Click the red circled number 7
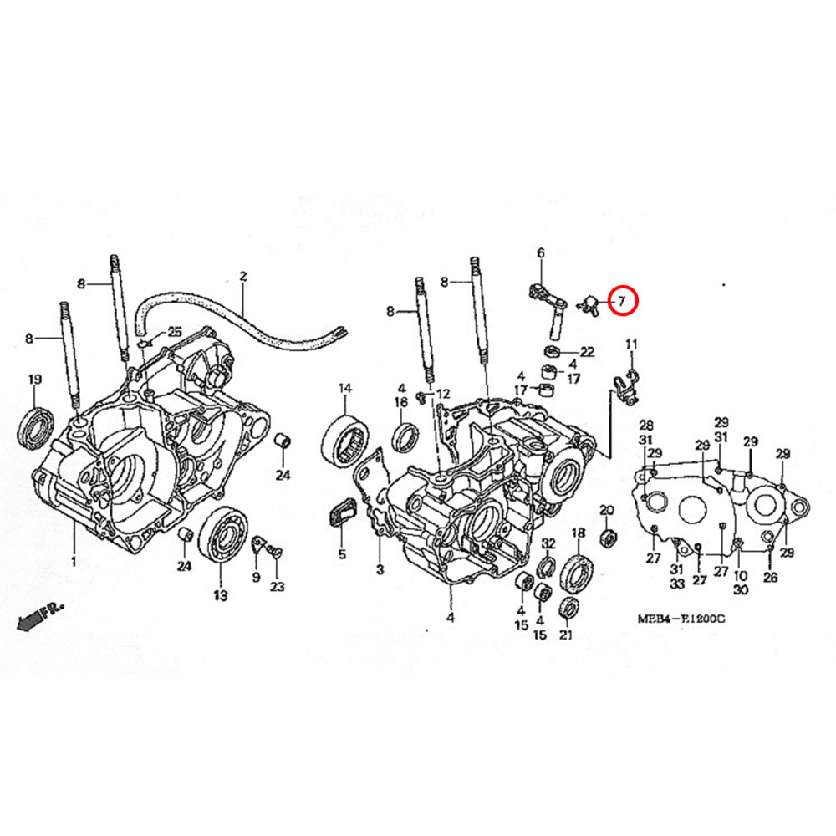pos(622,300)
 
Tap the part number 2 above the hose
pos(243,276)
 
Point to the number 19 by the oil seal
pos(35,380)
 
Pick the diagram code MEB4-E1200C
pos(681,620)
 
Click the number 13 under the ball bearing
pos(220,595)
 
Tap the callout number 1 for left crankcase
pos(73,561)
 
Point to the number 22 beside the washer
pos(587,351)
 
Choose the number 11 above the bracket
pos(443,393)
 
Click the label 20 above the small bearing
pos(607,510)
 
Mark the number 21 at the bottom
pos(566,636)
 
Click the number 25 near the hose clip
pos(174,332)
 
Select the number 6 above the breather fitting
pos(540,253)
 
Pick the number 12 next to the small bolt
pos(443,393)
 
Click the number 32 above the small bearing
pos(548,543)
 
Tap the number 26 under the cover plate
pos(770,577)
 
